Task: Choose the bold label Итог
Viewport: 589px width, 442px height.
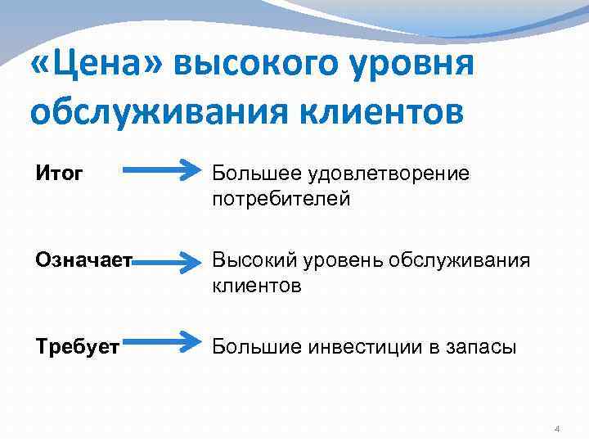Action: click(x=60, y=173)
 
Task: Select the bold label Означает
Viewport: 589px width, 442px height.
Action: click(x=83, y=260)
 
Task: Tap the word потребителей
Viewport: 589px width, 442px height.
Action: click(x=281, y=199)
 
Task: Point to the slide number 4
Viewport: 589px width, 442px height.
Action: click(x=557, y=429)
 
